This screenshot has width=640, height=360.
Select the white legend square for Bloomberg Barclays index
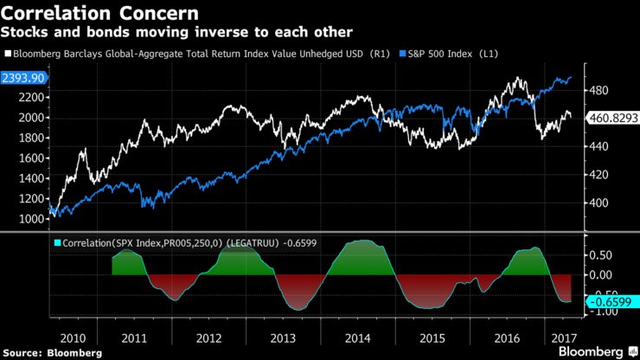[x=7, y=54]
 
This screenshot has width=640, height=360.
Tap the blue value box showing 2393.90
[x=25, y=78]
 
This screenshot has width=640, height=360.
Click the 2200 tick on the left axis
[x=30, y=98]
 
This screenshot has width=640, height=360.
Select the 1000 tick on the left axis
[x=30, y=219]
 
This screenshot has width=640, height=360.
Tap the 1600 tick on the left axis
[x=30, y=158]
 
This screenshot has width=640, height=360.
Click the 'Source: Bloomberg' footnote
[x=52, y=352]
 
